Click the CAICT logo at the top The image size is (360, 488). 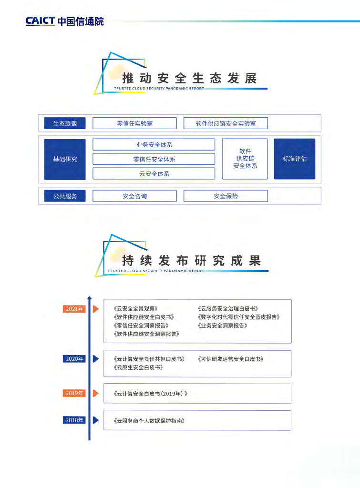[x=64, y=21]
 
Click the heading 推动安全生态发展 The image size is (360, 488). [x=189, y=78]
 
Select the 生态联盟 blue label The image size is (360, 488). [x=65, y=123]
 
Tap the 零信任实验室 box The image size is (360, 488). [x=134, y=123]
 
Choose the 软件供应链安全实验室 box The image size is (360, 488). [x=226, y=123]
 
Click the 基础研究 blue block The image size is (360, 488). [x=65, y=159]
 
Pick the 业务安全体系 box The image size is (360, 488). [x=154, y=145]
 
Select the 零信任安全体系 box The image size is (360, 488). [x=154, y=159]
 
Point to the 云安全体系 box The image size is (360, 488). [x=154, y=173]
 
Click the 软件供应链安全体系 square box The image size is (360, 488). [x=245, y=159]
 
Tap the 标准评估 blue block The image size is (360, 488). [x=295, y=159]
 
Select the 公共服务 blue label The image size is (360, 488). [x=65, y=196]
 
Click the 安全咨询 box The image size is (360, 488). [x=134, y=196]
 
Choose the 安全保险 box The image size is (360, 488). [x=226, y=196]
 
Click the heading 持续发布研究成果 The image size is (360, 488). [x=191, y=261]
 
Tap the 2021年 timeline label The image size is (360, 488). [x=74, y=309]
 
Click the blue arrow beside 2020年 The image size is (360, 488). [x=95, y=358]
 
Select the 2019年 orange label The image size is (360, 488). [x=74, y=393]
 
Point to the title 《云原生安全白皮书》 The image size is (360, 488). [x=139, y=367]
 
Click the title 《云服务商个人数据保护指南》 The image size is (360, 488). [x=149, y=421]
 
